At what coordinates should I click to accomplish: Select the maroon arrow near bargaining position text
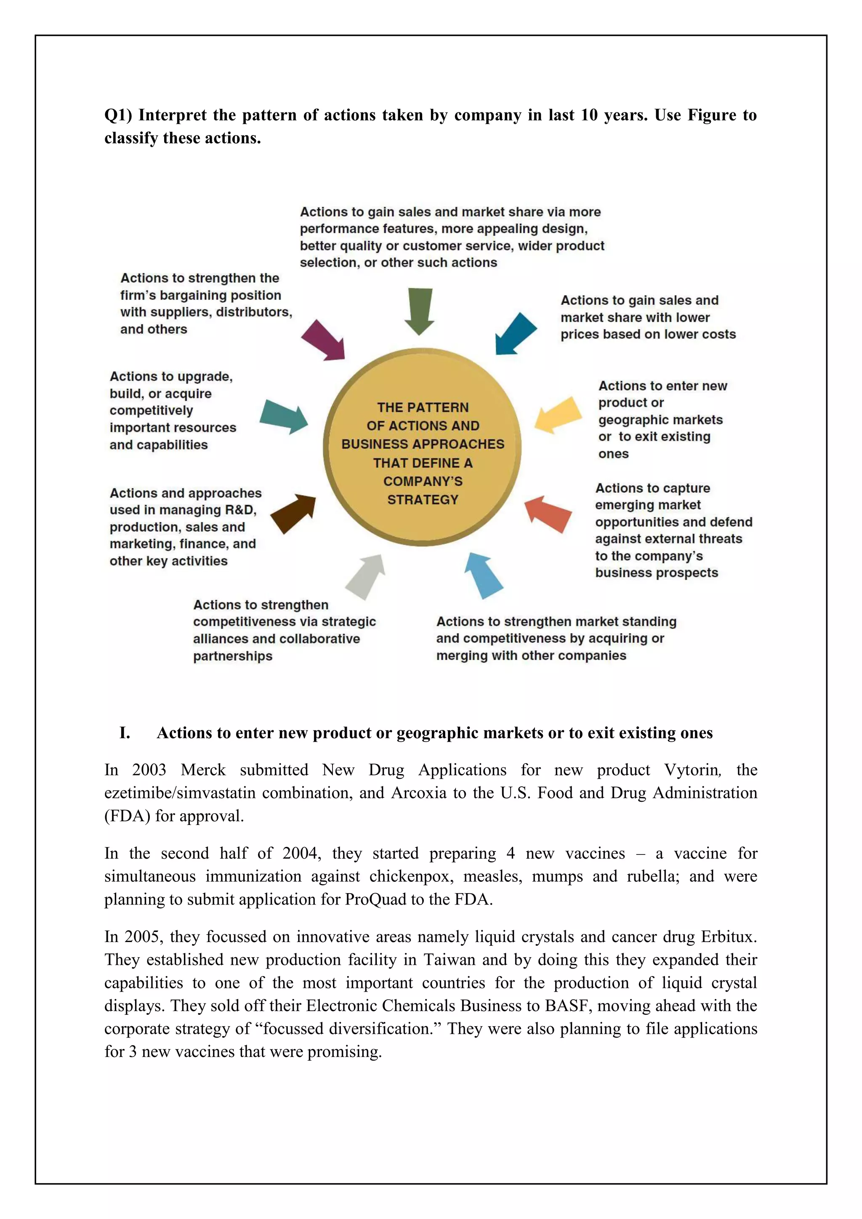tap(324, 341)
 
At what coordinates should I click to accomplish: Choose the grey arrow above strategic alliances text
tap(366, 577)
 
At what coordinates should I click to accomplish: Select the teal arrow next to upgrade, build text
tap(283, 417)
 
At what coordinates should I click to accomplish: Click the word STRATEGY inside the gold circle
tap(423, 500)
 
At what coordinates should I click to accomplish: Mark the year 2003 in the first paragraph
tap(149, 770)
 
